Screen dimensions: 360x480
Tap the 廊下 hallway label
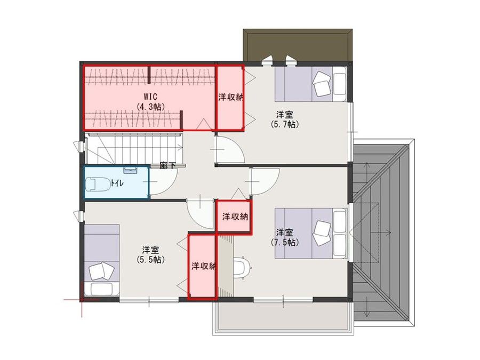[x=167, y=166]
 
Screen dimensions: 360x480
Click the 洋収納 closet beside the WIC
[x=230, y=98]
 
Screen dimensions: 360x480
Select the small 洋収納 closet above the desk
[x=234, y=217]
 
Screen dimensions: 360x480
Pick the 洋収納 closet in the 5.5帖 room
[x=203, y=266]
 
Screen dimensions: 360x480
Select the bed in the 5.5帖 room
[x=101, y=260]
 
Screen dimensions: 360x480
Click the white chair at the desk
[x=242, y=267]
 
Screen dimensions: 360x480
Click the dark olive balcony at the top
[x=298, y=45]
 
